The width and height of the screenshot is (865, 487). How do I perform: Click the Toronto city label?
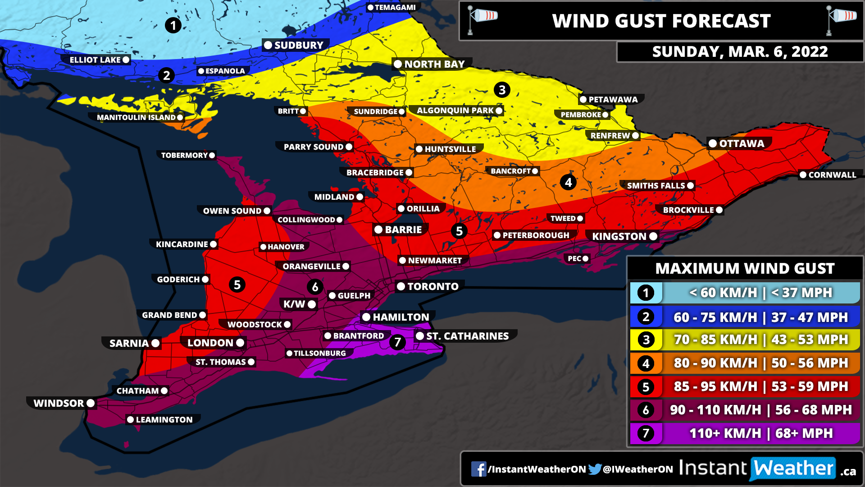[x=432, y=286]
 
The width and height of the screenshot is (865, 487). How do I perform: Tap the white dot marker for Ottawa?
[x=713, y=143]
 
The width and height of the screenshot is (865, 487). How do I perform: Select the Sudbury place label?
[x=299, y=45]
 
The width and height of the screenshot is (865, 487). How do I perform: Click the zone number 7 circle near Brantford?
[x=397, y=342]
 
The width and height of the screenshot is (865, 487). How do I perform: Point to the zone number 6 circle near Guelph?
[x=315, y=286]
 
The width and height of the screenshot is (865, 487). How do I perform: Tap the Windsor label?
[x=59, y=403]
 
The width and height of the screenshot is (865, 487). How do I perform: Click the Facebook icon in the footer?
[x=478, y=469]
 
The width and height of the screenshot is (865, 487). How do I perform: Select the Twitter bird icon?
[x=595, y=469]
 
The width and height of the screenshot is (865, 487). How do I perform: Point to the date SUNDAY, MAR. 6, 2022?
[x=740, y=51]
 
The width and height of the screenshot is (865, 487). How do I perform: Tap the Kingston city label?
[x=619, y=236]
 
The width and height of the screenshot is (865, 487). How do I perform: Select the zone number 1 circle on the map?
[x=173, y=25]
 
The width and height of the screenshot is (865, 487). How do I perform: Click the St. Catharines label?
[x=467, y=336]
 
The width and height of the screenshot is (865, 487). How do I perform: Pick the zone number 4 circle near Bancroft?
[x=568, y=182]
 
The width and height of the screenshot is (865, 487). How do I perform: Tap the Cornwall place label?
[x=832, y=175]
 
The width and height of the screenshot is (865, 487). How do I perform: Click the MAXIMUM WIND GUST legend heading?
[x=745, y=268]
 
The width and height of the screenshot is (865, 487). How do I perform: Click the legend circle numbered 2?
[x=646, y=317]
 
